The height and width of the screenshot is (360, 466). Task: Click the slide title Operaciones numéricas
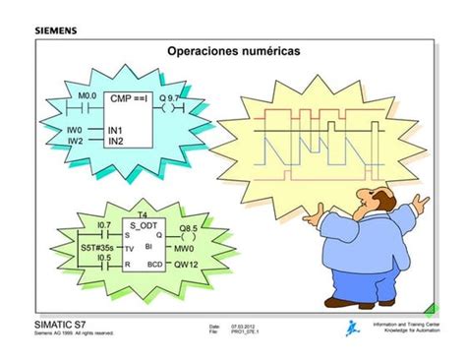coord(234,49)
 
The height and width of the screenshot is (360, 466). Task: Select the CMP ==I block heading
coord(129,99)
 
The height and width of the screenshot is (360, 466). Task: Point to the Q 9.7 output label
coord(169,98)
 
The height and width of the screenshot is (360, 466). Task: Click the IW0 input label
coord(74,129)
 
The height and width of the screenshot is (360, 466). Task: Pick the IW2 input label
coord(74,141)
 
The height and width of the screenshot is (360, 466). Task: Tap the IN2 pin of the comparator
coord(115,141)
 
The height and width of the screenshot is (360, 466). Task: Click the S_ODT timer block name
coord(144,224)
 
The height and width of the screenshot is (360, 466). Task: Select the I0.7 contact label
coord(103,225)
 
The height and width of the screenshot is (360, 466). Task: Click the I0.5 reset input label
coord(103,259)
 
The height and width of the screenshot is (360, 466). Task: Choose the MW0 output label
coord(185,250)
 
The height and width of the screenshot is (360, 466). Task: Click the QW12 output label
coord(187,266)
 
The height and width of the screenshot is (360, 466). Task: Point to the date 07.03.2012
coord(244,326)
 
